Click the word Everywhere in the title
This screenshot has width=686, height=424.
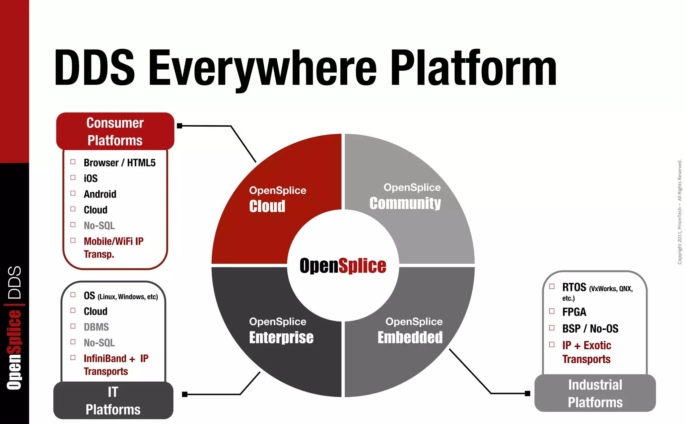coord(263,69)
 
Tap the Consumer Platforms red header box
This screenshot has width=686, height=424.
coord(115,131)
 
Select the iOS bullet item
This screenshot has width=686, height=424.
coord(90,178)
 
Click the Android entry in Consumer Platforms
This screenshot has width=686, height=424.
coord(100,194)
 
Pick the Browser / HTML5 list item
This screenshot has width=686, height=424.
coord(120,163)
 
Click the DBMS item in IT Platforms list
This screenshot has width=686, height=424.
coord(96,327)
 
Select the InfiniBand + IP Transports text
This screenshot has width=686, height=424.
coord(116,365)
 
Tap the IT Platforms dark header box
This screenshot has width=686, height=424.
coord(113,401)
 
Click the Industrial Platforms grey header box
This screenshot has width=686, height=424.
coord(595,393)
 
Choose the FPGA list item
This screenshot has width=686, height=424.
coord(574,312)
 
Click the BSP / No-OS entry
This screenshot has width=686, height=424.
coord(590,329)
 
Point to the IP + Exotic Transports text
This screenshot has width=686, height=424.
coord(587,352)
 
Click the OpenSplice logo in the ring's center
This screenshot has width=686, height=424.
coord(343,266)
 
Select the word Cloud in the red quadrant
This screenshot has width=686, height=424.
coord(267,206)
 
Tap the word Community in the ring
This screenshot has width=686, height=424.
coord(405,203)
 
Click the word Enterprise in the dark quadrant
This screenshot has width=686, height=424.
coord(281,337)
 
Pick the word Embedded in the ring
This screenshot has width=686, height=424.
coord(410,337)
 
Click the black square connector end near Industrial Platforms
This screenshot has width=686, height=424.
coord(528,394)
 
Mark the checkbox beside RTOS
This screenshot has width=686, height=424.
coord(552,286)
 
